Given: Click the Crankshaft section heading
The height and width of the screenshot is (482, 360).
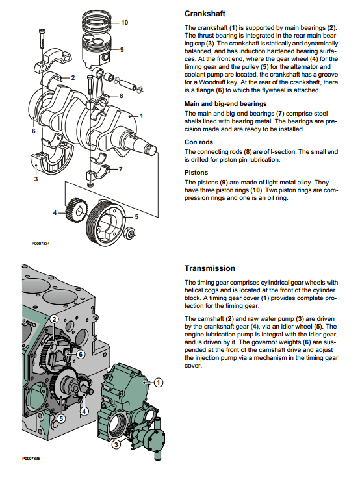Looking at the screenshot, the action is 205,14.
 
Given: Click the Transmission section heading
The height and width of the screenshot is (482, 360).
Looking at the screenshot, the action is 210,268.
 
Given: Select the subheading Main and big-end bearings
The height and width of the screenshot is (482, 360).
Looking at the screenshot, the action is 225,104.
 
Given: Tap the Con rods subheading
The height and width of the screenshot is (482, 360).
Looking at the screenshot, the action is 199,142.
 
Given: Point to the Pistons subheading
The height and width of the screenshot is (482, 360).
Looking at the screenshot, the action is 196,172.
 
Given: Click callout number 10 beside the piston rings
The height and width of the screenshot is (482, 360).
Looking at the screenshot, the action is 125,23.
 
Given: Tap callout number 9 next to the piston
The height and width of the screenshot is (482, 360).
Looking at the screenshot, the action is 122,50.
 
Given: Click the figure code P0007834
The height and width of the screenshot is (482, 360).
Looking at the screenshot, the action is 40,244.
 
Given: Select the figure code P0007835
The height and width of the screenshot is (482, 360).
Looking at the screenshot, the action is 31,459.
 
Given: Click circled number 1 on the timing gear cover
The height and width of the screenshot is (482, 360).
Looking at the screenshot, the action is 158,383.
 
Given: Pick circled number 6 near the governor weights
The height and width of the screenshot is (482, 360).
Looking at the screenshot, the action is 81,355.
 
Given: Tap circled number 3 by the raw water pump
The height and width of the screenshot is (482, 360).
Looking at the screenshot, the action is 116,444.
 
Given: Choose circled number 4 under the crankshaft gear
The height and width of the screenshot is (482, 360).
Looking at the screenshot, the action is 84,411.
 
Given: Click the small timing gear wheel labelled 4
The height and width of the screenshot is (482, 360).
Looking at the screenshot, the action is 77,210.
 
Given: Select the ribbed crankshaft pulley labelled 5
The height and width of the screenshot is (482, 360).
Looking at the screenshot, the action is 106,222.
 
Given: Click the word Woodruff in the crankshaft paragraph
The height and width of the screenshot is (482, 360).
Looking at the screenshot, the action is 213,82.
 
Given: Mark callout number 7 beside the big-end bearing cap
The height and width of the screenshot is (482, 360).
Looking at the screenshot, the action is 120,170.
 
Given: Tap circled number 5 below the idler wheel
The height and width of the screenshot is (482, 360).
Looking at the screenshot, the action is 61,419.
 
